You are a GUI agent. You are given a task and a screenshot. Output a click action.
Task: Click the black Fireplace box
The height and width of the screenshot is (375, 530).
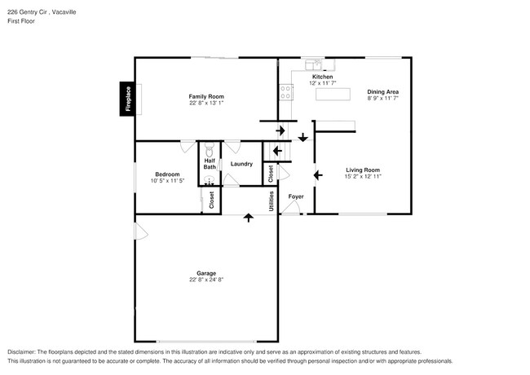(x=127, y=99)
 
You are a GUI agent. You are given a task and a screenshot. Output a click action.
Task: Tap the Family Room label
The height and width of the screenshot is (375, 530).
(x=206, y=96)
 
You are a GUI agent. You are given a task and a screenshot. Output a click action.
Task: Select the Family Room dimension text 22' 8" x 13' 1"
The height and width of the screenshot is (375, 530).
(x=206, y=104)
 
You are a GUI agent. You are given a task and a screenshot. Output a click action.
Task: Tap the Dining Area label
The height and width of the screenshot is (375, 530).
(x=382, y=92)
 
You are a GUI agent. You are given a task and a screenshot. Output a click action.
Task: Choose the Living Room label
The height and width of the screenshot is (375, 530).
(x=362, y=169)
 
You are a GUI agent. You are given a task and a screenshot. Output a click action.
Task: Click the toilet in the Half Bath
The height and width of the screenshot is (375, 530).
(x=210, y=152)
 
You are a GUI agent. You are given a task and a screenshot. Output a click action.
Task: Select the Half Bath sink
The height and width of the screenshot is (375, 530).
(x=210, y=181)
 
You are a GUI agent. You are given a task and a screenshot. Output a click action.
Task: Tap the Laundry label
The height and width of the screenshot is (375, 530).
(x=241, y=164)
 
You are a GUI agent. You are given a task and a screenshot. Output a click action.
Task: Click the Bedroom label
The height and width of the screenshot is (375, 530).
(x=167, y=174)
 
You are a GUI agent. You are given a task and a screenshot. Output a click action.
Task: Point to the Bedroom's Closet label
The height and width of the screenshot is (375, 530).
(x=211, y=201)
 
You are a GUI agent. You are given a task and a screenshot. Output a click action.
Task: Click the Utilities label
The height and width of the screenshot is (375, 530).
(x=271, y=199)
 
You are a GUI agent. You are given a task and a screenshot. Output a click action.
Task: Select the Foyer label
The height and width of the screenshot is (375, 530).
(x=295, y=196)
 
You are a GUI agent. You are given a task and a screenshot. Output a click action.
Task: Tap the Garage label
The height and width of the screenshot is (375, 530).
(x=205, y=273)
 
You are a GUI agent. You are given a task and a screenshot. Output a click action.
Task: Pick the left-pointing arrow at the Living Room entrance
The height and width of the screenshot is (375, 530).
(x=319, y=174)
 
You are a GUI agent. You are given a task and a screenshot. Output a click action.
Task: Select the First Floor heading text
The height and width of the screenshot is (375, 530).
(x=21, y=20)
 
